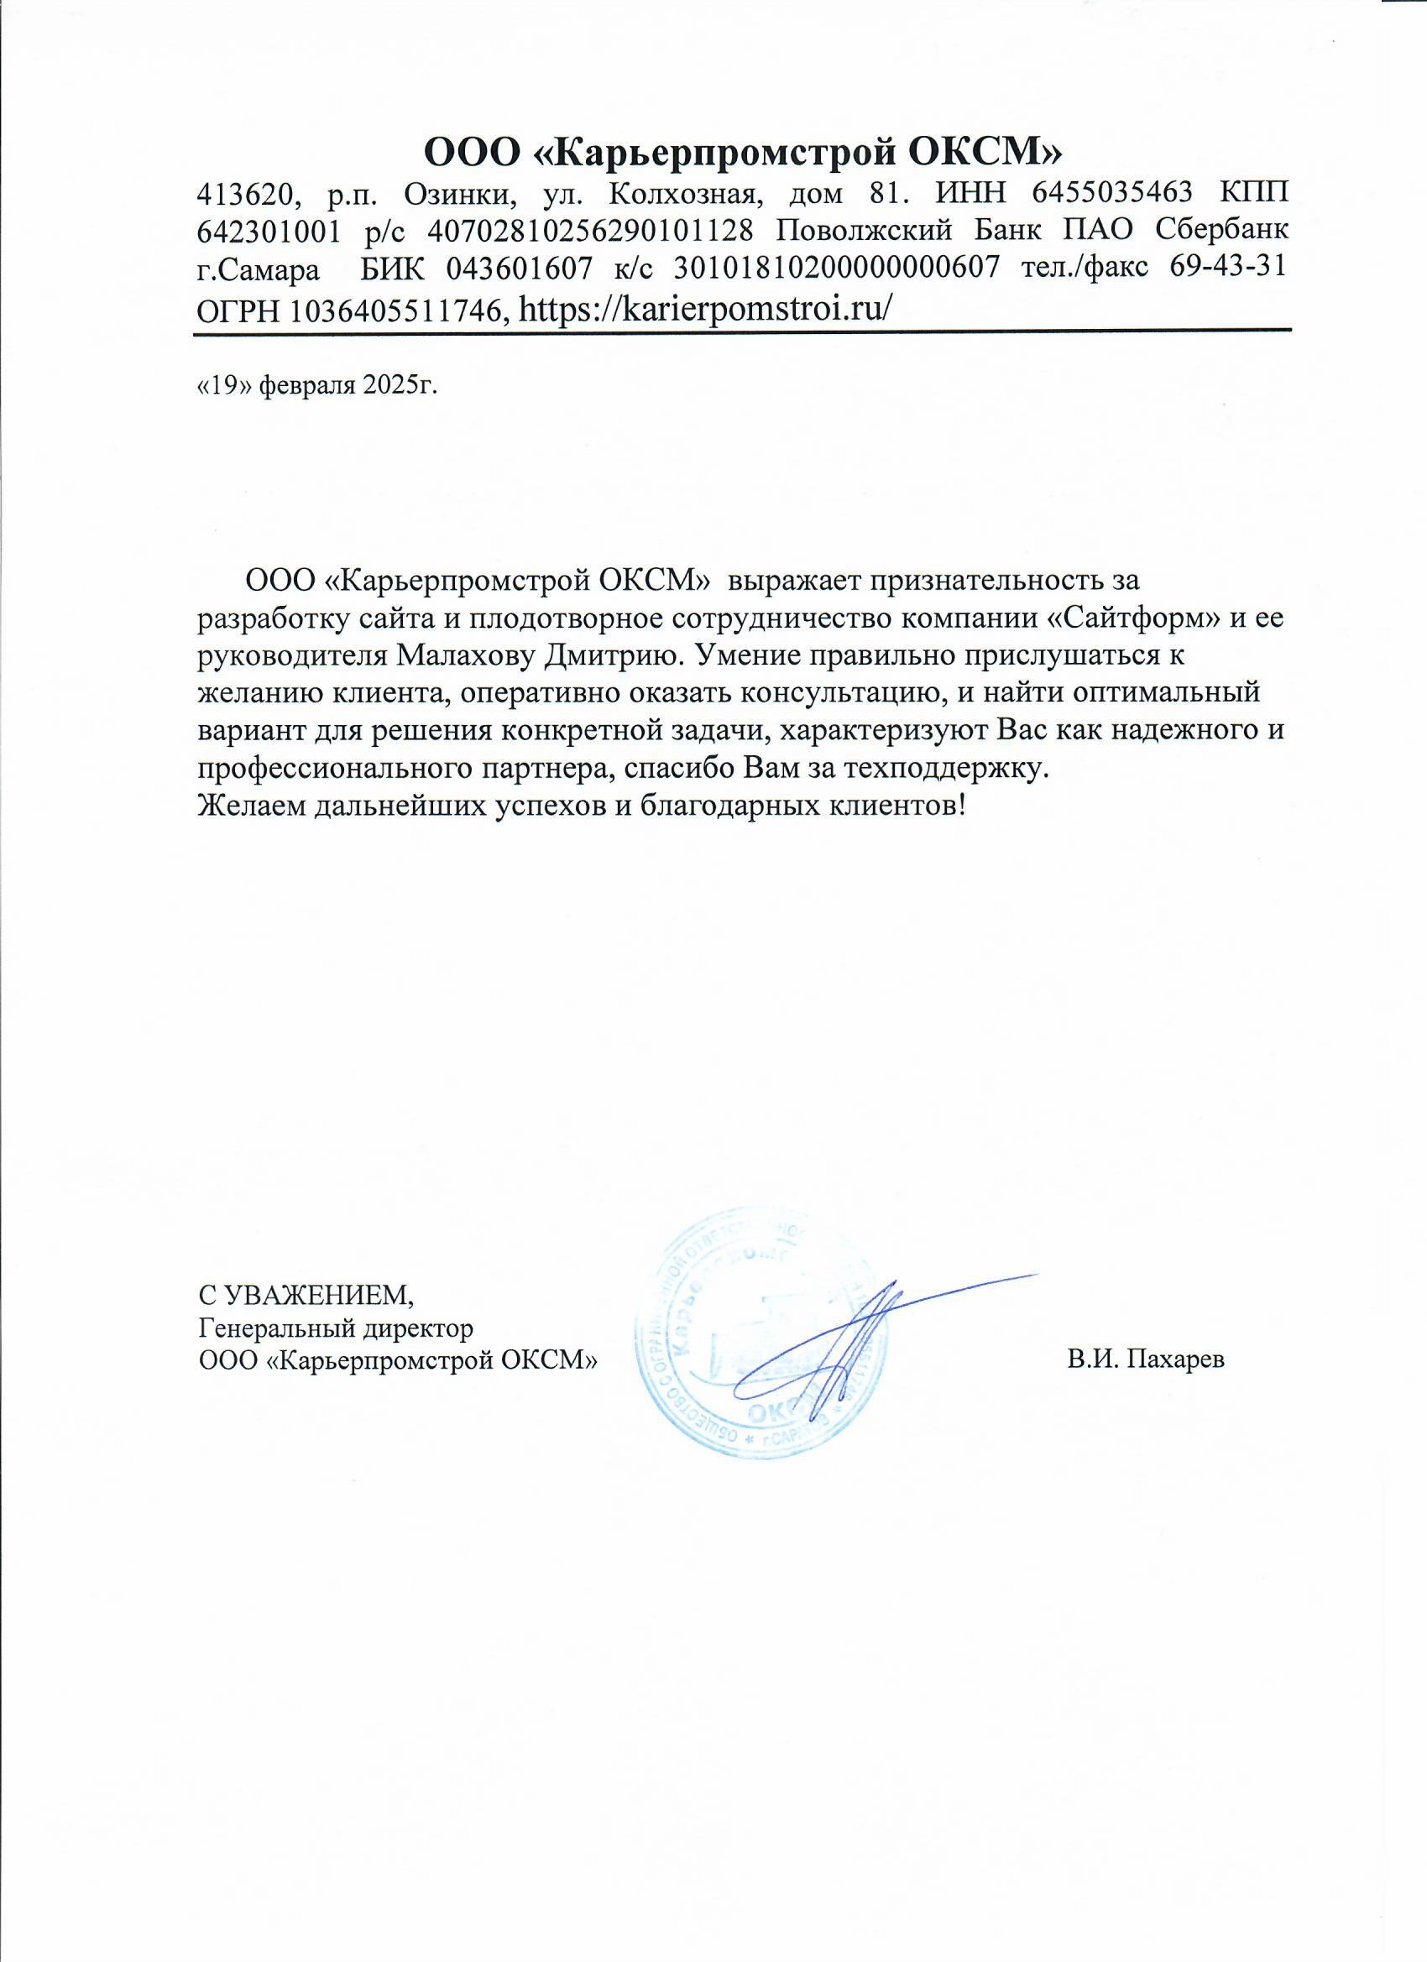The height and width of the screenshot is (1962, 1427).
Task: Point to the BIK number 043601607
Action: [520, 269]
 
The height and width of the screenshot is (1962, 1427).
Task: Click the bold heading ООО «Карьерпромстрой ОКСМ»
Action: [743, 152]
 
